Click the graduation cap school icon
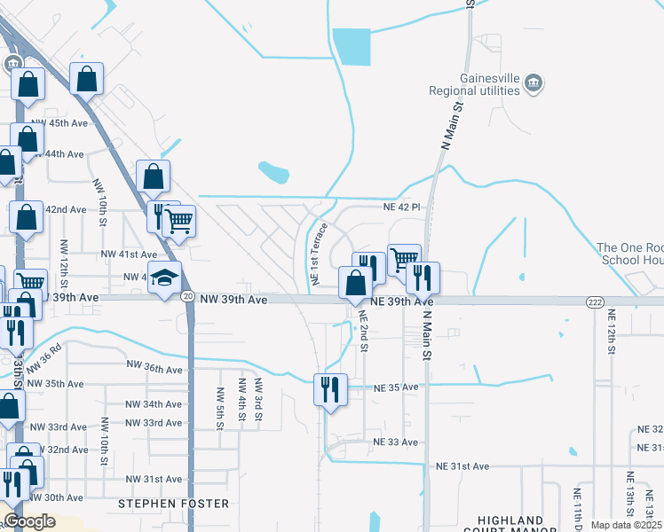point(164,278)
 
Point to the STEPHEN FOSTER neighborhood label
point(173,504)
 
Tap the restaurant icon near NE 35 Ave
point(330,389)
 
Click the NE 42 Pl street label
point(400,207)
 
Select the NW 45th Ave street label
point(59,123)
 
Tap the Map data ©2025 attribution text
point(626,525)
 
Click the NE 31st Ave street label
point(462,466)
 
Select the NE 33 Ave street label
point(395,442)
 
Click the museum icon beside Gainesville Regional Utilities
point(534,83)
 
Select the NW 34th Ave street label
point(154,404)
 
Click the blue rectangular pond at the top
point(352,47)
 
